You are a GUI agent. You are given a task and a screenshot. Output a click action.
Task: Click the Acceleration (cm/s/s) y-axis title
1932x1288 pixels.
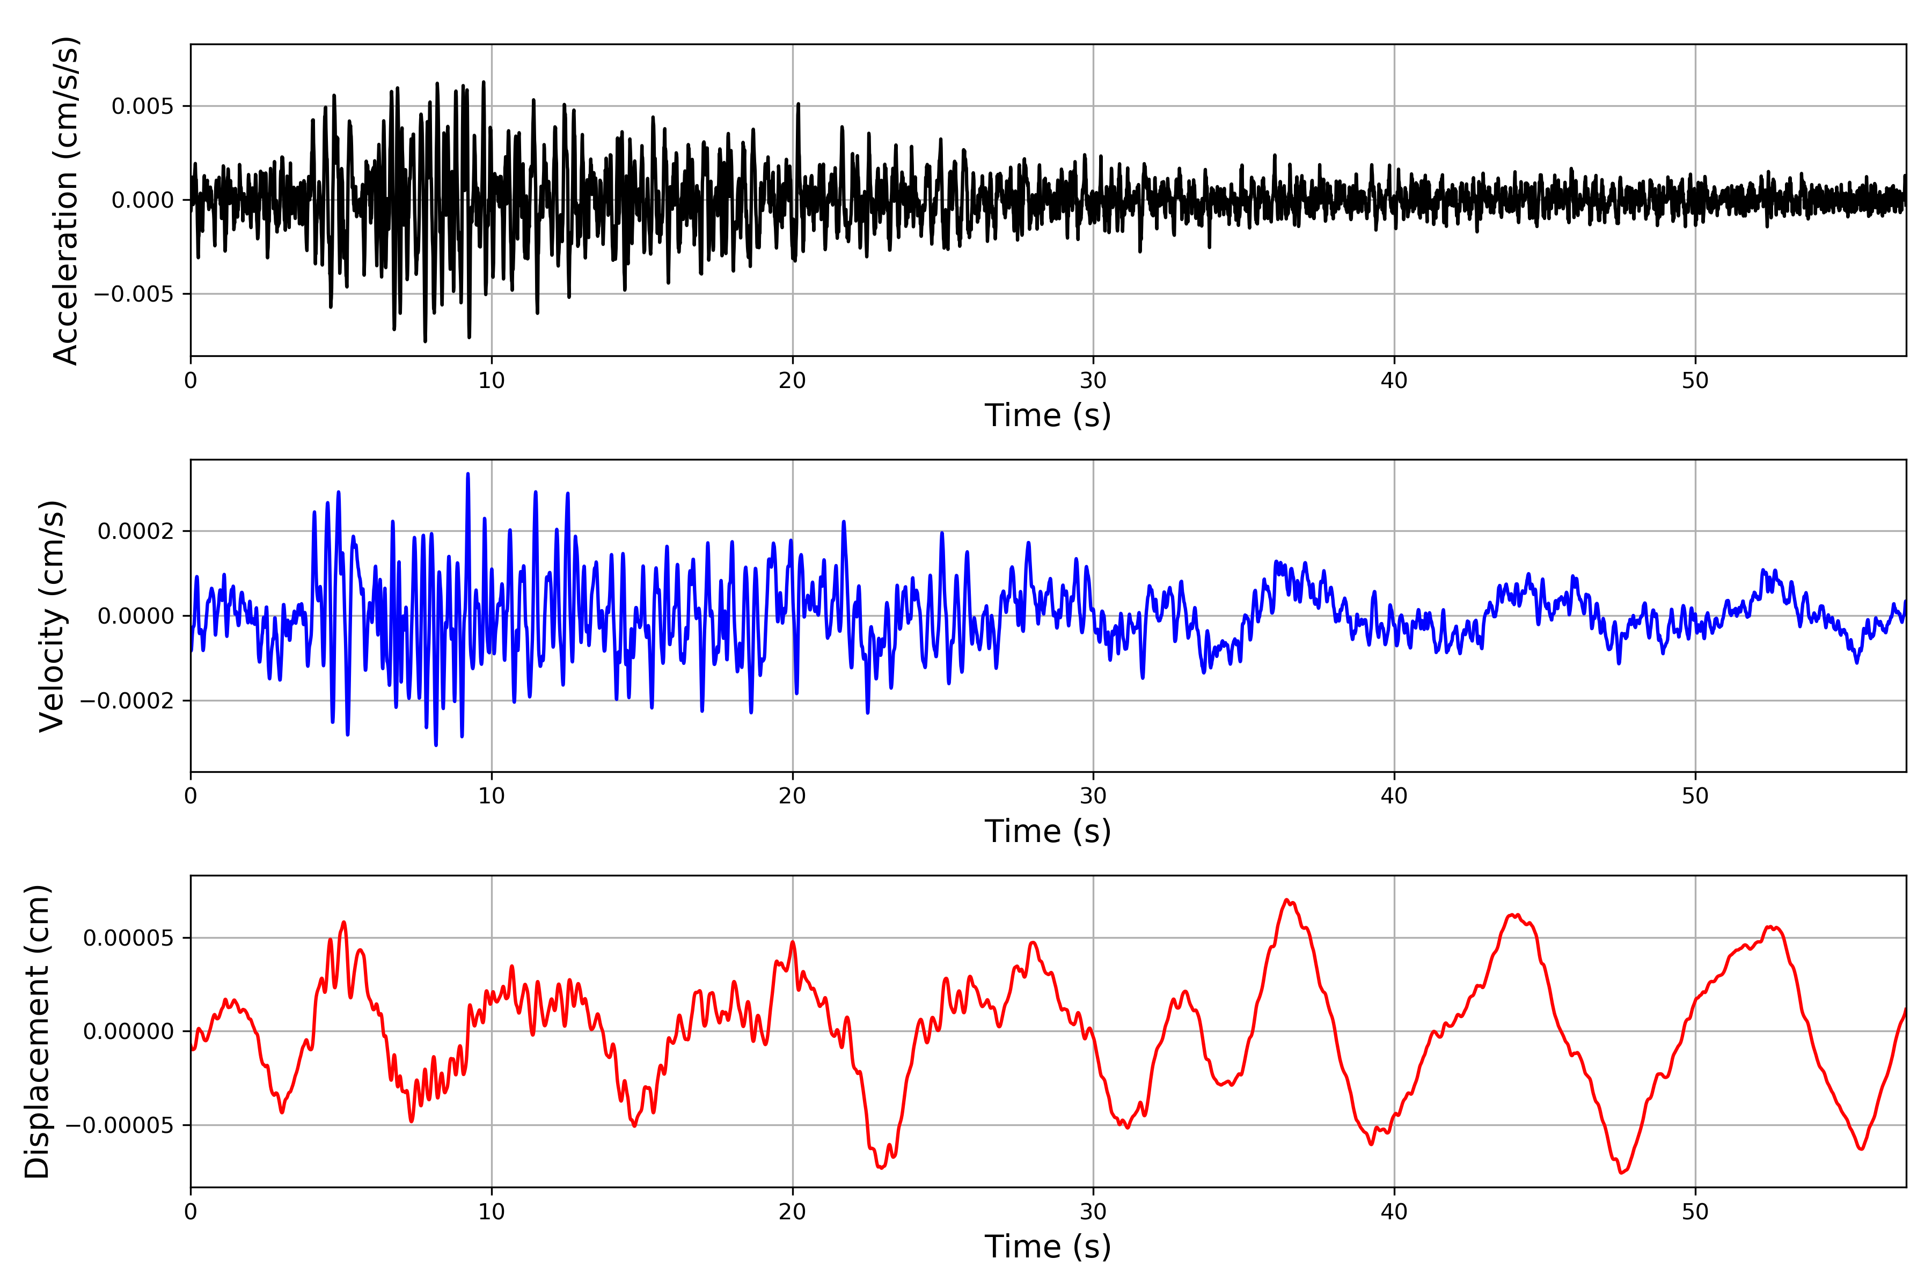point(65,200)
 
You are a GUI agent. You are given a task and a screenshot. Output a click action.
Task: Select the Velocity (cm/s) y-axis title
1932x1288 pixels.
point(52,616)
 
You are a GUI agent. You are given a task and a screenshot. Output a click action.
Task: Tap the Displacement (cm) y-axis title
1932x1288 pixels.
point(37,1031)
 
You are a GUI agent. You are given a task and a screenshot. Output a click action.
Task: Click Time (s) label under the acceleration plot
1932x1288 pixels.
point(1048,415)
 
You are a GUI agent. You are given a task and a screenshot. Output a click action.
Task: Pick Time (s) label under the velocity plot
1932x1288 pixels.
point(1048,831)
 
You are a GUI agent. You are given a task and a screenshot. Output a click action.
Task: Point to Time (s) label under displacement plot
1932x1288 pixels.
point(1048,1247)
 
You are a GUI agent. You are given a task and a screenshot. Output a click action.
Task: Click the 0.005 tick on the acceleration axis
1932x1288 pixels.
point(143,106)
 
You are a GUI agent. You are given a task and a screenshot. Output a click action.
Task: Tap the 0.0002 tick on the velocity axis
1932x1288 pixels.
point(136,531)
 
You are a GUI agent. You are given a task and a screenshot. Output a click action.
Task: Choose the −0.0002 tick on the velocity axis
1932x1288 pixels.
point(127,701)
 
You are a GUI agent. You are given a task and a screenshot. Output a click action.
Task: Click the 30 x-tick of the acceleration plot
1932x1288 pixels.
point(1093,380)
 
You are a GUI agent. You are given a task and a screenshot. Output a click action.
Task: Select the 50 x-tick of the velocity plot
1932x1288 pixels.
point(1695,796)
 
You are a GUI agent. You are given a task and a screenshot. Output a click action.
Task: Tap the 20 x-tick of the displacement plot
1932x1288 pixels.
point(793,1212)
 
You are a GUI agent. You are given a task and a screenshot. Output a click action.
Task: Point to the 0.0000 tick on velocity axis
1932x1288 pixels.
point(136,616)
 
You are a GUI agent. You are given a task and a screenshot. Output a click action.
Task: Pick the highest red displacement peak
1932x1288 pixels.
point(1287,901)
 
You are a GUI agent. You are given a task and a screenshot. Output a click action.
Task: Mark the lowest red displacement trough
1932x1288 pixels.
point(1621,1172)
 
